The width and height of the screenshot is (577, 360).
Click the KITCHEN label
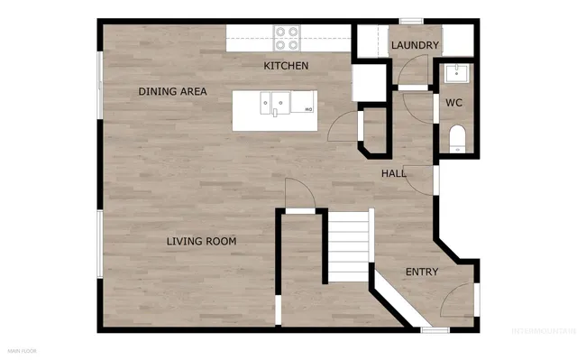point(286,66)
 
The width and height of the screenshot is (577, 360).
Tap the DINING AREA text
point(172,91)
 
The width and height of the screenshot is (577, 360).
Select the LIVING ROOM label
point(201,241)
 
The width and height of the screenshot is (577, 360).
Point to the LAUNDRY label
point(415,45)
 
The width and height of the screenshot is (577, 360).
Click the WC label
point(454,103)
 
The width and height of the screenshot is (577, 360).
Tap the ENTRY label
point(422,272)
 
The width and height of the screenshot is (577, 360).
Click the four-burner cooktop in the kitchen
point(287,37)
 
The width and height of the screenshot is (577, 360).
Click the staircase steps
point(348,245)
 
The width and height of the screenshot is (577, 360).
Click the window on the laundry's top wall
point(412,20)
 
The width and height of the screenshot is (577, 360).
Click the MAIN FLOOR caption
point(23,349)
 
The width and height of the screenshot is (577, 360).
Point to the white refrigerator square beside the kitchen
point(368,84)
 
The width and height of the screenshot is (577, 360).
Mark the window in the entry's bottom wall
point(435,330)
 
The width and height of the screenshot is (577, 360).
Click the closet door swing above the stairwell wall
point(298,192)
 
